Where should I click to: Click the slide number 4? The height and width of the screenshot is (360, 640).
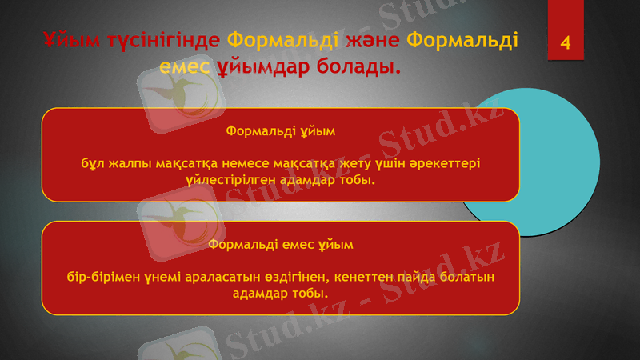(x=566, y=42)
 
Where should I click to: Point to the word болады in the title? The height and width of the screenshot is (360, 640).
(x=357, y=66)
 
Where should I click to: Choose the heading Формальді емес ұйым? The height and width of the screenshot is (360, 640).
(x=280, y=242)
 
